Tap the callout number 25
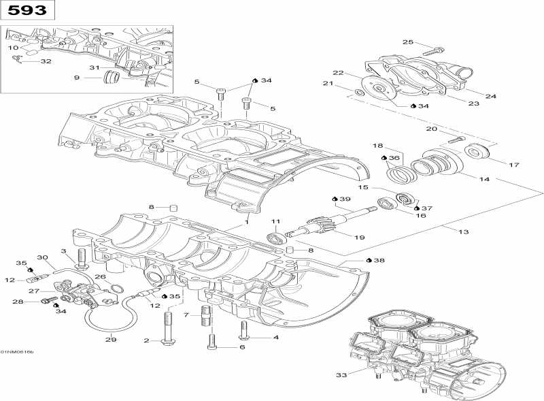(x=408, y=42)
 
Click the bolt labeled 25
(x=432, y=50)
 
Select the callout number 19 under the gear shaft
(x=359, y=236)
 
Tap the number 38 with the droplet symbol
(x=378, y=260)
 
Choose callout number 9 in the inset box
(x=77, y=78)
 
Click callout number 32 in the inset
(x=46, y=61)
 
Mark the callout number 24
(x=490, y=96)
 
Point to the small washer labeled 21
(x=358, y=92)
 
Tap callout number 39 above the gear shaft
(x=345, y=199)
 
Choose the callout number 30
(x=42, y=257)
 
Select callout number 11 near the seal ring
(x=275, y=222)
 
